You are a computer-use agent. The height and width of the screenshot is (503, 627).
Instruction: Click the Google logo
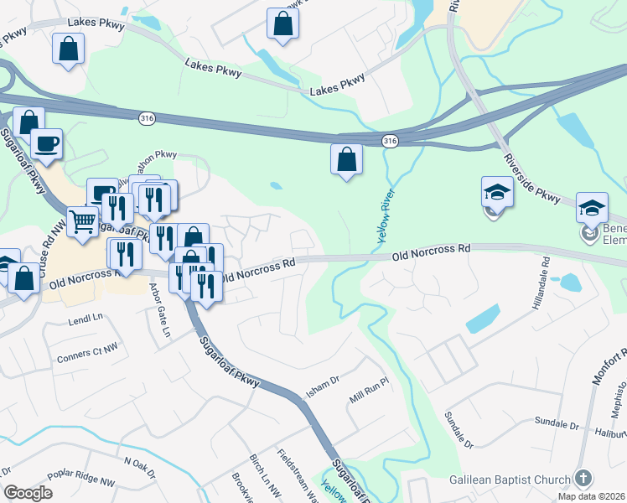28,493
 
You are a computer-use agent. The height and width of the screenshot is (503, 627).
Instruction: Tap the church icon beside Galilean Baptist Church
584,478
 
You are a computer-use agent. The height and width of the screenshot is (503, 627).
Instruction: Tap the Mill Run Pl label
370,393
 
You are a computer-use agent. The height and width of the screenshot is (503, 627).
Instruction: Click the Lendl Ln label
85,319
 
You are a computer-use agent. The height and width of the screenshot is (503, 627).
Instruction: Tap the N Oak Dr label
140,466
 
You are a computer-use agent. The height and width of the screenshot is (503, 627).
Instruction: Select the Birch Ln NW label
256,474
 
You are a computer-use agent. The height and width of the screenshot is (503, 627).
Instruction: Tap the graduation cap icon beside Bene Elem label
592,206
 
